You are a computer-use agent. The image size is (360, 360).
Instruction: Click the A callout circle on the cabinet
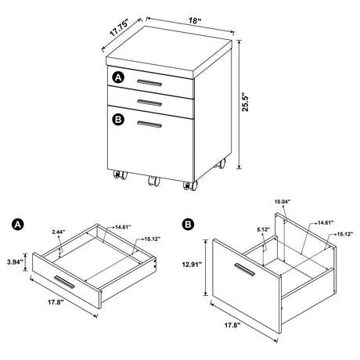[x=118, y=77]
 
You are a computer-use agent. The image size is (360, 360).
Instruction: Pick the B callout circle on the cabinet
[x=118, y=120]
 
